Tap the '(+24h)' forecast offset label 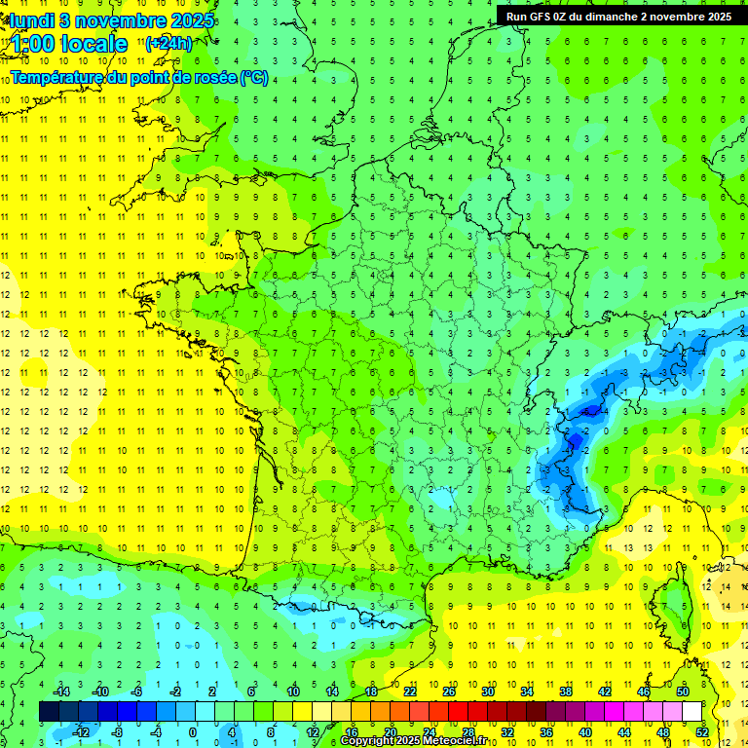coord(168,43)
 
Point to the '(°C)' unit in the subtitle coord(254,77)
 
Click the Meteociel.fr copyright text coord(414,741)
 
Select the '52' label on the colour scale coord(702,731)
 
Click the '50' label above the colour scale coord(683,692)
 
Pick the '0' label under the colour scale coord(194,731)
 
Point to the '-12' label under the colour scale coord(81,731)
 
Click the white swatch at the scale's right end coord(692,711)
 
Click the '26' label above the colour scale coord(449,692)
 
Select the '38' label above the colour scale coord(566,692)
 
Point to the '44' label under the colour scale coord(624,731)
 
